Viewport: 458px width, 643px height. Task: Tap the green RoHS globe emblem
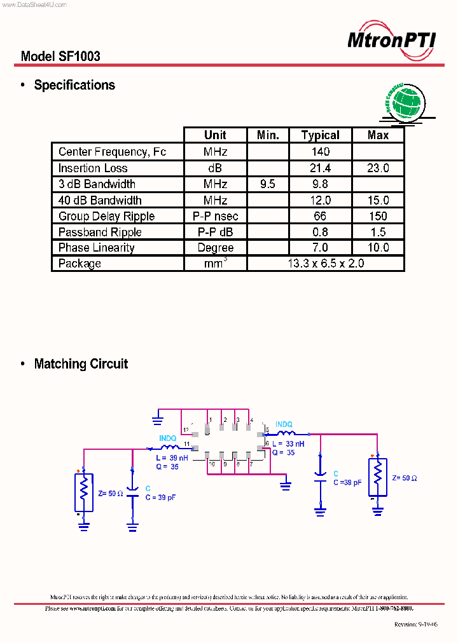click(x=406, y=102)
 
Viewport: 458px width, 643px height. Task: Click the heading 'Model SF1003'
click(x=60, y=56)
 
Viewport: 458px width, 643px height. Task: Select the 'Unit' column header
click(x=215, y=135)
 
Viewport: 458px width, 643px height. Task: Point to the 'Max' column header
click(x=378, y=135)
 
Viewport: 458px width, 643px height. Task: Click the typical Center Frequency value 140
click(x=321, y=152)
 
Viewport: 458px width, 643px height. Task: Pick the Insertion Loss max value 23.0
click(x=378, y=168)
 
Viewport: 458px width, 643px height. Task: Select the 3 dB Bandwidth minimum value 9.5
click(x=268, y=184)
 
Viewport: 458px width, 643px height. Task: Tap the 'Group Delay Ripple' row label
click(x=106, y=216)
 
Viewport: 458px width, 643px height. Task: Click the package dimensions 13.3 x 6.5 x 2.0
click(x=325, y=263)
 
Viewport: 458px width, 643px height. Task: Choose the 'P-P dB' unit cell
click(x=215, y=232)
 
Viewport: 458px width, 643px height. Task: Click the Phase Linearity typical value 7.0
click(x=321, y=248)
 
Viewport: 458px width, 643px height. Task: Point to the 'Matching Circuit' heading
click(x=81, y=364)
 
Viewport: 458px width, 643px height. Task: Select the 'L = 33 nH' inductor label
click(x=288, y=444)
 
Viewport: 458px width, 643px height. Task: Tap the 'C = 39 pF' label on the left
click(x=160, y=497)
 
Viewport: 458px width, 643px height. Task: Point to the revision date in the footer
click(x=416, y=625)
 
